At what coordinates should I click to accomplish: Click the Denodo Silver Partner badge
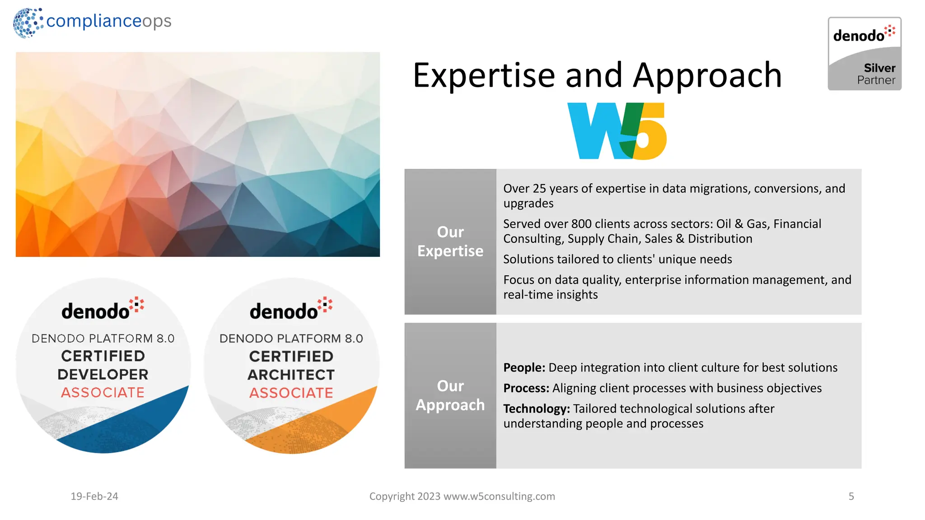[x=864, y=54]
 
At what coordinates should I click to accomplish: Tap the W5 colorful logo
[x=617, y=131]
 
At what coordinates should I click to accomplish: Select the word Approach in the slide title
[x=707, y=75]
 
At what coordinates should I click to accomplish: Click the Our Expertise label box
[x=450, y=241]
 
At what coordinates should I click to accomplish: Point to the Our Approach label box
[x=450, y=395]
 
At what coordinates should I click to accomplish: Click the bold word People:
[x=524, y=367]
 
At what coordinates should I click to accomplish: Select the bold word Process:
[x=526, y=388]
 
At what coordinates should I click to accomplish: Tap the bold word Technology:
[x=537, y=409]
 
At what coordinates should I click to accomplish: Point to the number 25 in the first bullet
[x=539, y=189]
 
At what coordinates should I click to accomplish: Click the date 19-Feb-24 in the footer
[x=94, y=496]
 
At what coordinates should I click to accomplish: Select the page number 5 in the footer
[x=851, y=496]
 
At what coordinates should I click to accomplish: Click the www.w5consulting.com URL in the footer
[x=499, y=496]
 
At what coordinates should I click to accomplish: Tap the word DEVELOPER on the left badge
[x=103, y=374]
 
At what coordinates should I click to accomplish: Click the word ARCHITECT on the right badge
[x=291, y=375]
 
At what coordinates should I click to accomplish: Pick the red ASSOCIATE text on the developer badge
[x=103, y=393]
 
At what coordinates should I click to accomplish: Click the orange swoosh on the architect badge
[x=334, y=420]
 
